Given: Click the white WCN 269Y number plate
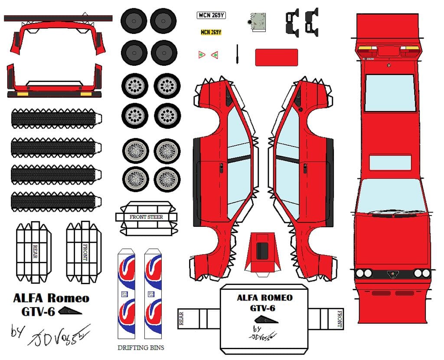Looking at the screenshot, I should click(x=212, y=16).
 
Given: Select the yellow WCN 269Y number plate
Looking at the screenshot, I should click(x=211, y=32).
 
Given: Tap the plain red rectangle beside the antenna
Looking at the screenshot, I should click(x=276, y=57).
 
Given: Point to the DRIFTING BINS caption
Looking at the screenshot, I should click(x=141, y=347).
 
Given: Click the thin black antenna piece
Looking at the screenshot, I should click(x=238, y=55).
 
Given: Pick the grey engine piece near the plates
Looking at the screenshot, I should click(x=259, y=22).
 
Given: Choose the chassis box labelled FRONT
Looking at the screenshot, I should click(x=84, y=252).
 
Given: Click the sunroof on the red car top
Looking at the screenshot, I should click(x=390, y=162).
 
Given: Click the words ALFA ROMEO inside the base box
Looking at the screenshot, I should click(x=264, y=298).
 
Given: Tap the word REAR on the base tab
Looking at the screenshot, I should click(x=182, y=318).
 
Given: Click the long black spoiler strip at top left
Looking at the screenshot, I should click(x=58, y=18).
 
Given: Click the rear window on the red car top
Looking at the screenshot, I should click(x=390, y=93).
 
